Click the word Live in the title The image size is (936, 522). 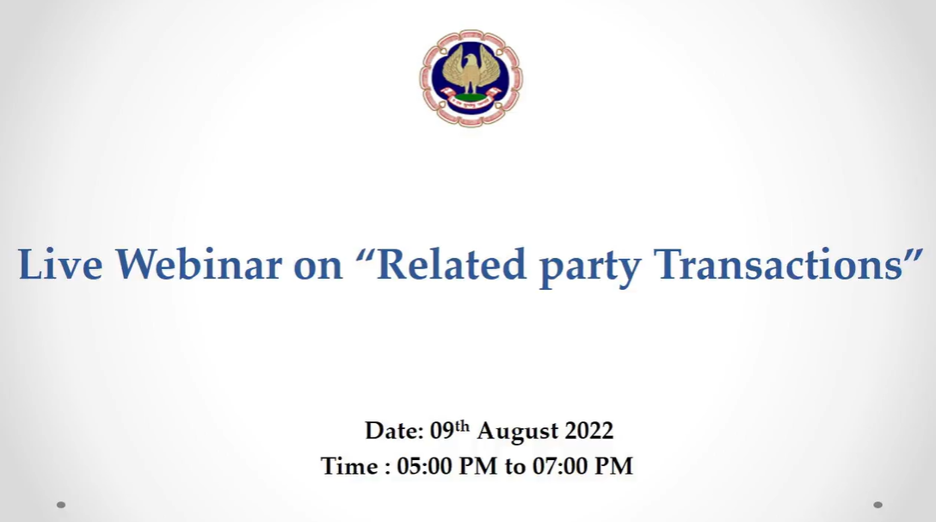60,264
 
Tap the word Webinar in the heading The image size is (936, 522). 199,264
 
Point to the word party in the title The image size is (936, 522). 590,267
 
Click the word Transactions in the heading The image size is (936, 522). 779,264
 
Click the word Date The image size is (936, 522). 394,431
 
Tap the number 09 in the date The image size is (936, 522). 442,431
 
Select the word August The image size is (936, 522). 518,433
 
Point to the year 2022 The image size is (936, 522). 589,431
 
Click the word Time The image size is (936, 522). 349,466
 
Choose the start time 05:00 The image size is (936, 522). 424,466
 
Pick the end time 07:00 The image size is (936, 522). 560,466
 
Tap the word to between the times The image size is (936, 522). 515,467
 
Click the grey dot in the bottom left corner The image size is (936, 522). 61,505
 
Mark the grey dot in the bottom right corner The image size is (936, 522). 877,505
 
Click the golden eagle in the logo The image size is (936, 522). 471,70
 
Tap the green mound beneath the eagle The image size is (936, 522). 471,97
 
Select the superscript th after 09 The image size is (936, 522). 462,426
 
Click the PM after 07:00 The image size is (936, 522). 613,466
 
